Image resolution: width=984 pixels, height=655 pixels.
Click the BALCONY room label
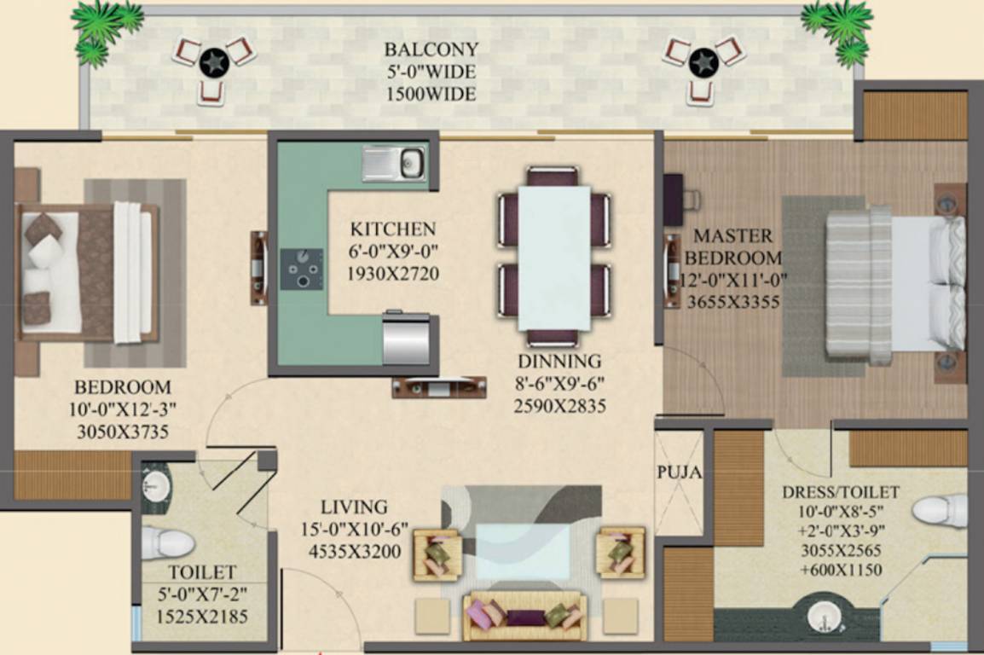[x=431, y=49]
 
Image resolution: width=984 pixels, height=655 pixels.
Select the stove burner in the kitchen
[x=303, y=270]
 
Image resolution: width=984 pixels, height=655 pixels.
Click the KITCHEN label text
[x=393, y=229]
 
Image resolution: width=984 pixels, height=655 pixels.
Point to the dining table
[x=554, y=258]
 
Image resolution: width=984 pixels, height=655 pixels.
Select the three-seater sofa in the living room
[x=523, y=614]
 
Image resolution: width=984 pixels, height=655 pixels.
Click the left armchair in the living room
[x=437, y=554]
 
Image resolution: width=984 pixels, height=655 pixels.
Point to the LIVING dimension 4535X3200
[x=355, y=551]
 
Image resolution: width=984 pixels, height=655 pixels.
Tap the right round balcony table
[x=703, y=62]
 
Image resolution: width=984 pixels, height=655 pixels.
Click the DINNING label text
[x=559, y=361]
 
